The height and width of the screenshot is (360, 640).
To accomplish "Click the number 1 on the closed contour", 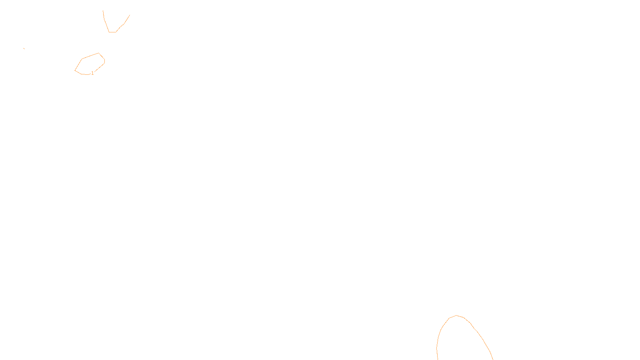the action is pos(92,73).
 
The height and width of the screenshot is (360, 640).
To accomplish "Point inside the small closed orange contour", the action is pos(90,64).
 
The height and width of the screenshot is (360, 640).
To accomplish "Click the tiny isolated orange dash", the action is pos(24,48).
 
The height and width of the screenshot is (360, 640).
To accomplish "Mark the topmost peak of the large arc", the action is pos(456,316).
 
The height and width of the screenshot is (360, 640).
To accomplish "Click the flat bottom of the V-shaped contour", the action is pos(112,32).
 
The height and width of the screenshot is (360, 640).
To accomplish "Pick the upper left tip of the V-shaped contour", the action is pos(103,11).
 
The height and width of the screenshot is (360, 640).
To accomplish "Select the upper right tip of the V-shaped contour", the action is pos(130,15).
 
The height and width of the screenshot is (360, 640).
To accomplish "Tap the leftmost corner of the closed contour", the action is pos(75,71).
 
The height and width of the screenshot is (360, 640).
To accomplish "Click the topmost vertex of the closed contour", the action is pos(99,53).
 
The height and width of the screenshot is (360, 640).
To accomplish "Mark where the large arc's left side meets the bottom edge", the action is pos(438,359).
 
